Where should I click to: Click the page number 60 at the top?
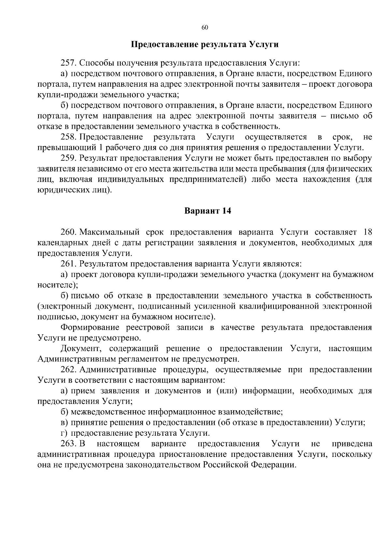pyautogui.click(x=205, y=28)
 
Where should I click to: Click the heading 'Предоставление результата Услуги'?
pyautogui.click(x=205, y=44)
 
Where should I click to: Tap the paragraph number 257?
pyautogui.click(x=68, y=63)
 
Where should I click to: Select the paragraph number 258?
pyautogui.click(x=68, y=137)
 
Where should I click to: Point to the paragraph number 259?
pyautogui.click(x=68, y=158)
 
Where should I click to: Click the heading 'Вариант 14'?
pyautogui.click(x=208, y=211)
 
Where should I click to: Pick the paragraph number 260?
pyautogui.click(x=68, y=232)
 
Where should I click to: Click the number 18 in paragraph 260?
pyautogui.click(x=367, y=232)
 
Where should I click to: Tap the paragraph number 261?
pyautogui.click(x=68, y=264)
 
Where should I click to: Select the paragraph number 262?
pyautogui.click(x=68, y=370)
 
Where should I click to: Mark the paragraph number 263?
pyautogui.click(x=68, y=444)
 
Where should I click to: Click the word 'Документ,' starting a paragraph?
pyautogui.click(x=80, y=349)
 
